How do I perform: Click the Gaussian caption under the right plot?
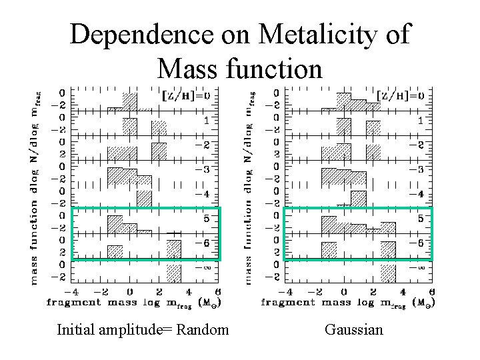(354, 329)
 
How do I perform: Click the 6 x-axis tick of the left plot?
(218, 291)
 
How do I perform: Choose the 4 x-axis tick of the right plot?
(403, 291)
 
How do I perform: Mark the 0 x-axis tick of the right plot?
(344, 291)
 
